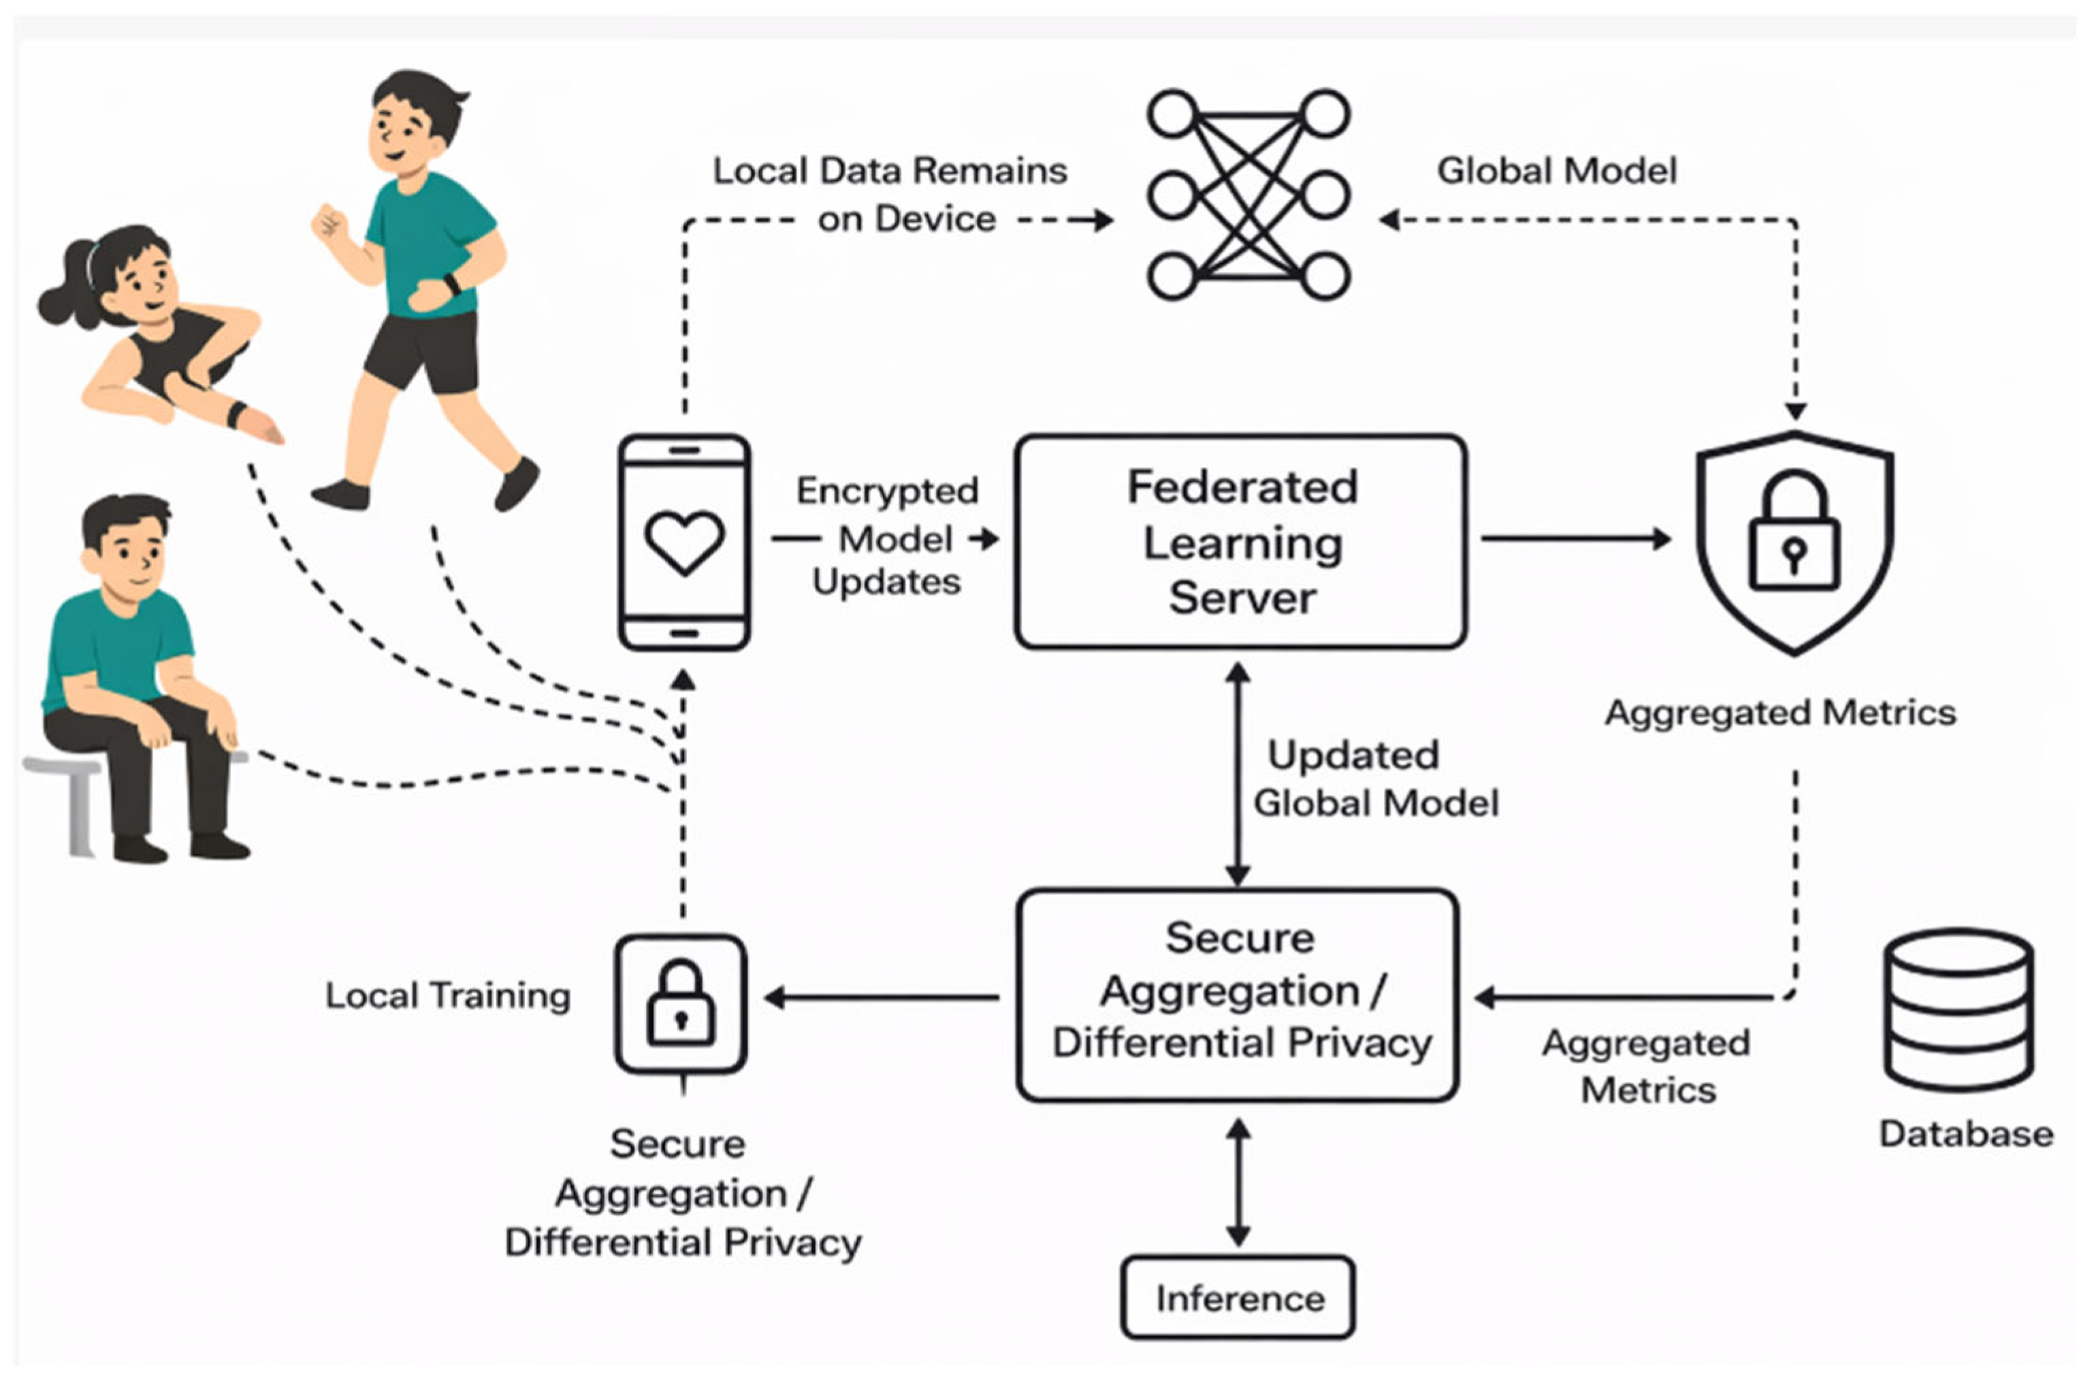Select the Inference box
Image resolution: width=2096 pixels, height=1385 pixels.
1238,1298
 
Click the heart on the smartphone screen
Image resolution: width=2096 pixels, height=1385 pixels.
685,542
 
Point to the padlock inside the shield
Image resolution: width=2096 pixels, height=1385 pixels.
1794,531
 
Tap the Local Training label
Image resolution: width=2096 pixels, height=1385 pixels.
448,996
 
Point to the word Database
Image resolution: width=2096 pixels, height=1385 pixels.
1966,1133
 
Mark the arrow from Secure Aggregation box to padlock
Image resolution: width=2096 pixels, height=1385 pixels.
882,998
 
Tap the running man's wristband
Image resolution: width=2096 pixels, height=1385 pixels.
452,284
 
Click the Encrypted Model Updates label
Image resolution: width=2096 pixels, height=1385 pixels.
887,536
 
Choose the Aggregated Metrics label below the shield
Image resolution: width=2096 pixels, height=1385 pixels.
1779,712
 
